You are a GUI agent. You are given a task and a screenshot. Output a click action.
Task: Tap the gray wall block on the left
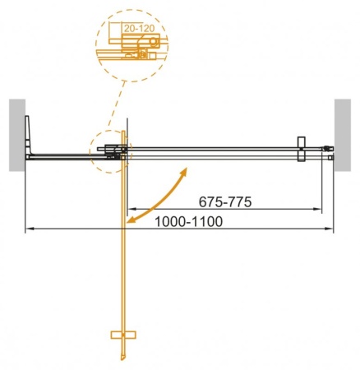pyautogui.click(x=17, y=135)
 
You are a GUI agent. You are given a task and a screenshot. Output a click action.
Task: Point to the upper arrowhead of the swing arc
pyautogui.click(x=185, y=169)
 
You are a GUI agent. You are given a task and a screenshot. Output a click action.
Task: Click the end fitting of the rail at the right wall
pyautogui.click(x=330, y=154)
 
